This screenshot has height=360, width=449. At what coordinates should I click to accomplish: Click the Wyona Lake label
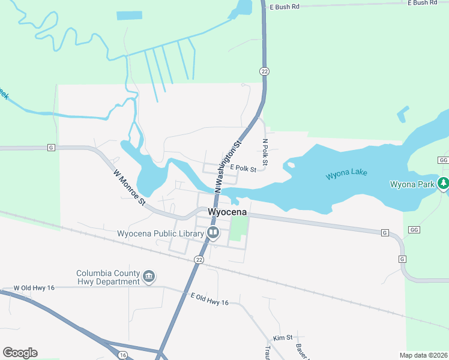346,175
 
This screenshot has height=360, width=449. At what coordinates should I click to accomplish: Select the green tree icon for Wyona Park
444,182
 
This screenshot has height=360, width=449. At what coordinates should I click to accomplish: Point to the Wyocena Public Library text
160,233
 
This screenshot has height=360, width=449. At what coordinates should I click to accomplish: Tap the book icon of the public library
212,233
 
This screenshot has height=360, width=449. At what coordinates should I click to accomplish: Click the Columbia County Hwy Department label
108,277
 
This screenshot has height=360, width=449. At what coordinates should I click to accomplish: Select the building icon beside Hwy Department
149,277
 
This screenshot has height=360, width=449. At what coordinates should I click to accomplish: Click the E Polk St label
243,170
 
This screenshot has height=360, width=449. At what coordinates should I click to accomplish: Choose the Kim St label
282,338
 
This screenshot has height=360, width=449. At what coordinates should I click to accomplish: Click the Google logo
20,353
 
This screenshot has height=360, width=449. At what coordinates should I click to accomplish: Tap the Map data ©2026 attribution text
424,355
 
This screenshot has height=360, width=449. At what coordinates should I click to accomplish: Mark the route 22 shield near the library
199,259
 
